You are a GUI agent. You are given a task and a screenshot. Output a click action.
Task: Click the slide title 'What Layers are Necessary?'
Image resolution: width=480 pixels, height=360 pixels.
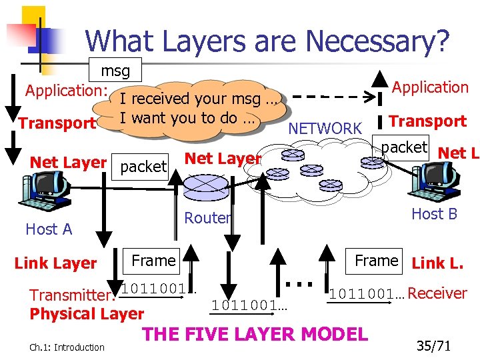click(x=267, y=41)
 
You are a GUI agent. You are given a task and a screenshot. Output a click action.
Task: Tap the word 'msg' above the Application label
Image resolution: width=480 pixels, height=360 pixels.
click(x=115, y=71)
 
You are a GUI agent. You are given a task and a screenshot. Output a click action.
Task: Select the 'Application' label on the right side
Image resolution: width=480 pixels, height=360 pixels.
click(x=430, y=87)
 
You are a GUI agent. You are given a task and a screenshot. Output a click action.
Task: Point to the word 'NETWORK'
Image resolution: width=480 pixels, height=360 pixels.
click(x=325, y=128)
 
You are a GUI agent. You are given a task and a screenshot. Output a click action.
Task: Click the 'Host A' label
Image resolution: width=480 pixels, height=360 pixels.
click(x=49, y=229)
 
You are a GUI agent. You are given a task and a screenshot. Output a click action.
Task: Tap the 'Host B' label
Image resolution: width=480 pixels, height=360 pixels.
click(x=434, y=214)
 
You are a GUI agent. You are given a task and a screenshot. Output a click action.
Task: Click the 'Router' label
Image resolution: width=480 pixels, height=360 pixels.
click(x=207, y=218)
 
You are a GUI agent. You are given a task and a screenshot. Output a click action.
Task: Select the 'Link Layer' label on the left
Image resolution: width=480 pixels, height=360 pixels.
click(x=56, y=263)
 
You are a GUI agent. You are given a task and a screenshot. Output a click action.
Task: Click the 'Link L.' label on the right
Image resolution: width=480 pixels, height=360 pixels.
click(x=437, y=263)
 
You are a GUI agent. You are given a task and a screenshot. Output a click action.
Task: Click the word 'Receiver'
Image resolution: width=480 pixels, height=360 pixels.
click(x=437, y=293)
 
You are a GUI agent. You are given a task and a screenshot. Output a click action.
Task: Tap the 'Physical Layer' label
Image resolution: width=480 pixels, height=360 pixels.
click(x=87, y=314)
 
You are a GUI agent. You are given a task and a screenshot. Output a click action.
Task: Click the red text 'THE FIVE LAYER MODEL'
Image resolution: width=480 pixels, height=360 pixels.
click(x=255, y=333)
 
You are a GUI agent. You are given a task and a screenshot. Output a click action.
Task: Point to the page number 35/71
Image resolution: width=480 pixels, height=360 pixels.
click(x=433, y=346)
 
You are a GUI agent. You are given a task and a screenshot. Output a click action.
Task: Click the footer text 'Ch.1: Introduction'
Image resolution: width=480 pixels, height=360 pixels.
click(x=67, y=347)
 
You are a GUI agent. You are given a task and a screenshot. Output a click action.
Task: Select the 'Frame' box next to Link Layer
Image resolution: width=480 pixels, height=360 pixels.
click(x=153, y=261)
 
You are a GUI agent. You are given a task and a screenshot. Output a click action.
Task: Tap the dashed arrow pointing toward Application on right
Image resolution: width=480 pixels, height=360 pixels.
click(x=333, y=95)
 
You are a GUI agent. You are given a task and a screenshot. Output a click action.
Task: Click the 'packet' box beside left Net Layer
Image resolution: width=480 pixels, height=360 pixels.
click(x=143, y=167)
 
